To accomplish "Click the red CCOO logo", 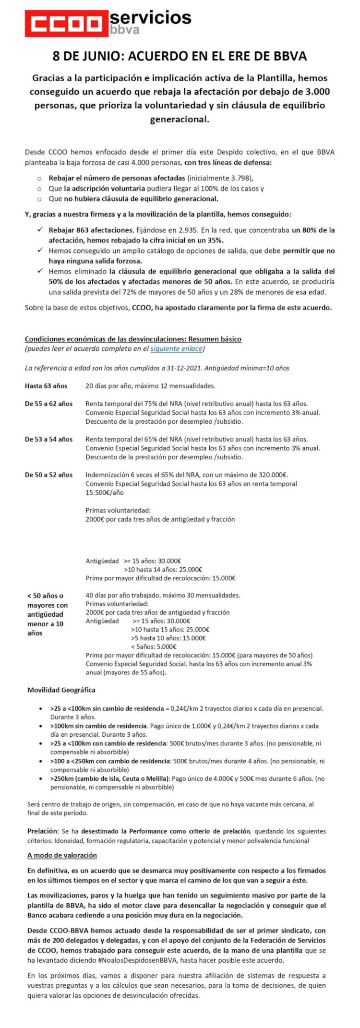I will coord(66,23).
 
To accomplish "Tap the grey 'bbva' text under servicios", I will coord(125,30).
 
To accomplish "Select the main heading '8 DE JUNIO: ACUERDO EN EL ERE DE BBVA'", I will coord(180,56).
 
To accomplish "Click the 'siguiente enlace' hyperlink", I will coord(176,349).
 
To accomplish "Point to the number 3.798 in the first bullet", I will coord(238,178).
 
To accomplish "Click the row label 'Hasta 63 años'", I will coord(46,386).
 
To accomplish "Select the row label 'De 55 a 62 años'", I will coord(48,404).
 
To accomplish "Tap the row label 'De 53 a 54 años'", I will coord(48,439).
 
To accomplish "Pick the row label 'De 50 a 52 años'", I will coord(48,475).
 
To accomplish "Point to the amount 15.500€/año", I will coord(105,492).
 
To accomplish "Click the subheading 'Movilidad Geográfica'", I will coord(61,690).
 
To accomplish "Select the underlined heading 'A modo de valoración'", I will coord(62,855).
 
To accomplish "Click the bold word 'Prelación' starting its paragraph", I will coord(42,831).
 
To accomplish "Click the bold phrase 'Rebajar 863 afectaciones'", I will coord(90,230).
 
